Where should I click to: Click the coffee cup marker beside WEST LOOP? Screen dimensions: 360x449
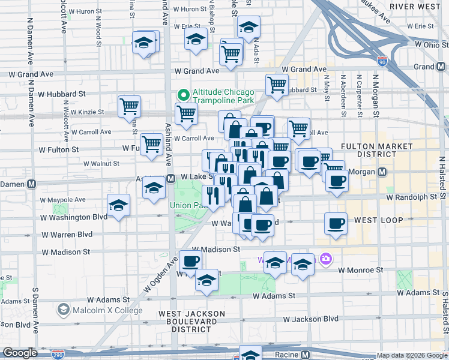pos(336,224)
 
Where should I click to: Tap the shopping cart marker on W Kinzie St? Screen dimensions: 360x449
pos(129,107)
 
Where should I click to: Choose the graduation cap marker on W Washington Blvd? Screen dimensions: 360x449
pos(119,205)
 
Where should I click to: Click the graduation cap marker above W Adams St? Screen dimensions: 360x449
pos(207,280)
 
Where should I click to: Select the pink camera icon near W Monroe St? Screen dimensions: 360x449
pos(326,259)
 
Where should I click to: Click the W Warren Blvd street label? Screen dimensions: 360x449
pos(67,234)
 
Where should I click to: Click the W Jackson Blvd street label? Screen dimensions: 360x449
pos(311,319)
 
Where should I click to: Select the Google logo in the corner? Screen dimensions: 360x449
pos(19,353)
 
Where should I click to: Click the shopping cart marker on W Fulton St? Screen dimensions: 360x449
pos(152,143)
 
